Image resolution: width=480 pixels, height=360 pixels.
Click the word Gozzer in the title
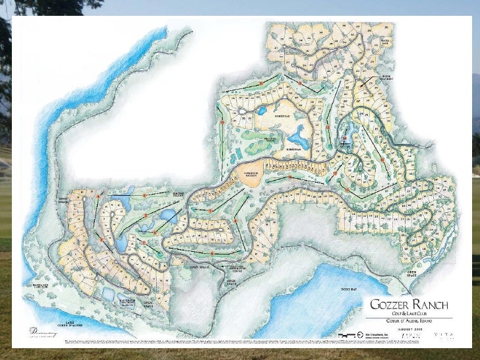click(x=393, y=305)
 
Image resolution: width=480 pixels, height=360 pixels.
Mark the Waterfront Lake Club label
click(x=40, y=285)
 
